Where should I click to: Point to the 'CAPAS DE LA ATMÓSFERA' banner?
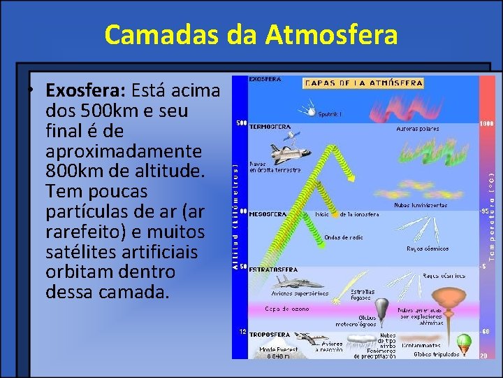[363, 83]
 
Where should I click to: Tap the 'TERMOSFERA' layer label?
[270, 127]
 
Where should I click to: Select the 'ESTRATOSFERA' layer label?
[273, 269]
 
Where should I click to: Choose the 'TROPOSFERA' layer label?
[270, 335]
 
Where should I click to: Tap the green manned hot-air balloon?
[462, 343]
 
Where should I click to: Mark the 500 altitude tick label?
[241, 124]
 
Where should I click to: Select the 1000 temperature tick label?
[486, 123]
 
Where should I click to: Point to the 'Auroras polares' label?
[418, 129]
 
